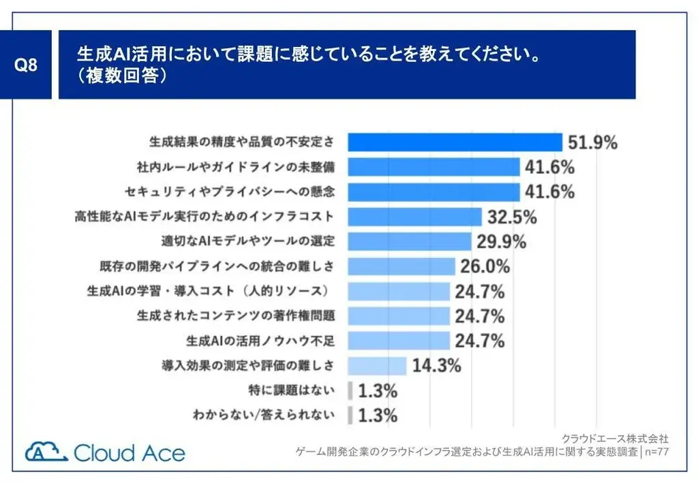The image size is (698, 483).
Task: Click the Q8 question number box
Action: coord(26,65)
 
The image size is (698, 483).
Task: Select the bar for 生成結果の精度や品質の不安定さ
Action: coord(455,142)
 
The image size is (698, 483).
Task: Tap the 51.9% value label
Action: coord(592,142)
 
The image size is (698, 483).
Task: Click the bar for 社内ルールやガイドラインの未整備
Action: coord(434,167)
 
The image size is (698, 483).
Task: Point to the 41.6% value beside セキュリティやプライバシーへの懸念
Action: coord(549,191)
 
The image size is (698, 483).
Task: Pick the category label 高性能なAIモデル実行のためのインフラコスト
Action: coord(204,217)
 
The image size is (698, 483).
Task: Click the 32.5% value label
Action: coord(512,217)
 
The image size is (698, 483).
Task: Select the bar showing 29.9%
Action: coord(410,241)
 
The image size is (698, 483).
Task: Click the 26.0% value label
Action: coord(484,266)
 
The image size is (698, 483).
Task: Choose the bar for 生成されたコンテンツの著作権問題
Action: coord(399,315)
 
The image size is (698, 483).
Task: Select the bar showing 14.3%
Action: coord(377,365)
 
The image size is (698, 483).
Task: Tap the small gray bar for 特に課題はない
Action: coord(350,390)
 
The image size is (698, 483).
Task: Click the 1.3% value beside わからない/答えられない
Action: coord(377,415)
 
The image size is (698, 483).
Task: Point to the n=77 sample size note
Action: coord(656,452)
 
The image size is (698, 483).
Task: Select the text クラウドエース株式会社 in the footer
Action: coord(615,438)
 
